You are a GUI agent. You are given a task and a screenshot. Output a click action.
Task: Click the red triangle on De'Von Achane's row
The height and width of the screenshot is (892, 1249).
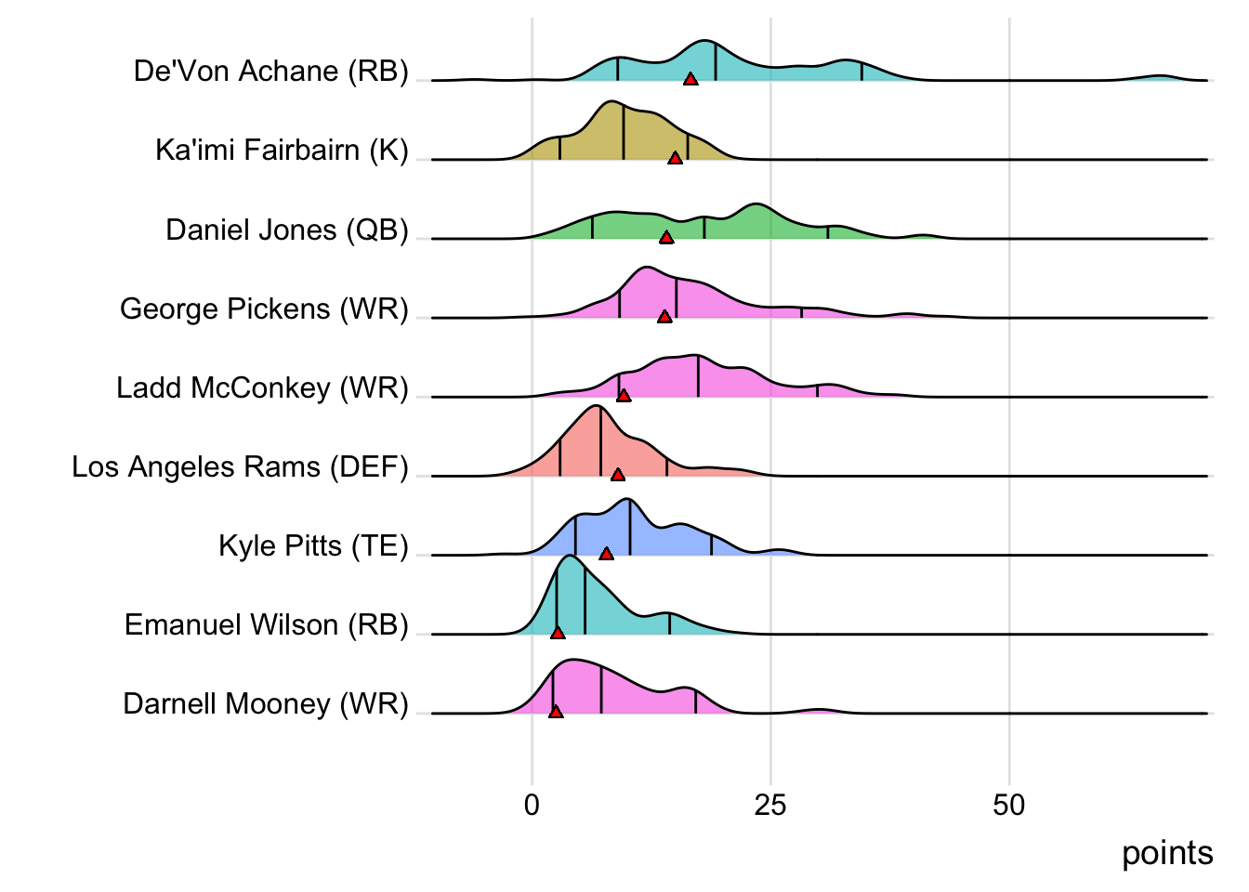pos(690,79)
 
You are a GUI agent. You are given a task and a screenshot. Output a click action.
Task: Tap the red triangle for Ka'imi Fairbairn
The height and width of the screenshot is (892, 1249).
pos(676,158)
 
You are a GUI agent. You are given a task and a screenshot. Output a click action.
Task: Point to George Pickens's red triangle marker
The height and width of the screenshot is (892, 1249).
pos(664,317)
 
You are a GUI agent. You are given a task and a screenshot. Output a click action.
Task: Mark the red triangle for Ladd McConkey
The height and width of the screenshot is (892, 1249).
pos(624,396)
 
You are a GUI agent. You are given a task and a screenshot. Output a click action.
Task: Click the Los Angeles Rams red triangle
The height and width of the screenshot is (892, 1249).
pos(618,475)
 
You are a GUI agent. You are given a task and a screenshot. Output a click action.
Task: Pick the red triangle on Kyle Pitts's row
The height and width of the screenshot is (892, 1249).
pos(607,554)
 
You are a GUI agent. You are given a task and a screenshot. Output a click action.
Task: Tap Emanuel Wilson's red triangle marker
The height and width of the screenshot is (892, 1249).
pos(558,633)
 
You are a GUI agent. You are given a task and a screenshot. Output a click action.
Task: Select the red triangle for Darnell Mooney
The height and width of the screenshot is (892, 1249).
pos(556,712)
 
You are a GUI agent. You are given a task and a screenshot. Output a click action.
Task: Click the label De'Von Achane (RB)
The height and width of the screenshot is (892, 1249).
pos(270,72)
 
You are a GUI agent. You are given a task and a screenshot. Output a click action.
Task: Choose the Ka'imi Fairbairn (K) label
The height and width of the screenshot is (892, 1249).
pos(282,151)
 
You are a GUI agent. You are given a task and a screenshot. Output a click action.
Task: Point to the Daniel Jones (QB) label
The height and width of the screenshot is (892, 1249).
pos(287,230)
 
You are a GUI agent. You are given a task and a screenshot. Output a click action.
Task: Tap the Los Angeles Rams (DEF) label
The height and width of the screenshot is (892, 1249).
pos(240,466)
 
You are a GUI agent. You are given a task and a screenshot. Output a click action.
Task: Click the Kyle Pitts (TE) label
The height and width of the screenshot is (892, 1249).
pos(313,545)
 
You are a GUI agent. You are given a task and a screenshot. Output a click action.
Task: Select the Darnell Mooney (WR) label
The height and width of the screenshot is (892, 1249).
pos(266,703)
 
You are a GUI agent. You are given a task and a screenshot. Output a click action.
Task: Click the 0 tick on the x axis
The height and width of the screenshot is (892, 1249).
pos(532,805)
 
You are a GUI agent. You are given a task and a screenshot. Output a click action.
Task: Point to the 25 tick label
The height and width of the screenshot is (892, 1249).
pos(770,805)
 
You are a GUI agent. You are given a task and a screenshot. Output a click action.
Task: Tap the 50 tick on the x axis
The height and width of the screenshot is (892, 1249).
pos(1009,805)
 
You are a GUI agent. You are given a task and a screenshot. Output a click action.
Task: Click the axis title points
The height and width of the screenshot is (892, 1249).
pos(1167,853)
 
